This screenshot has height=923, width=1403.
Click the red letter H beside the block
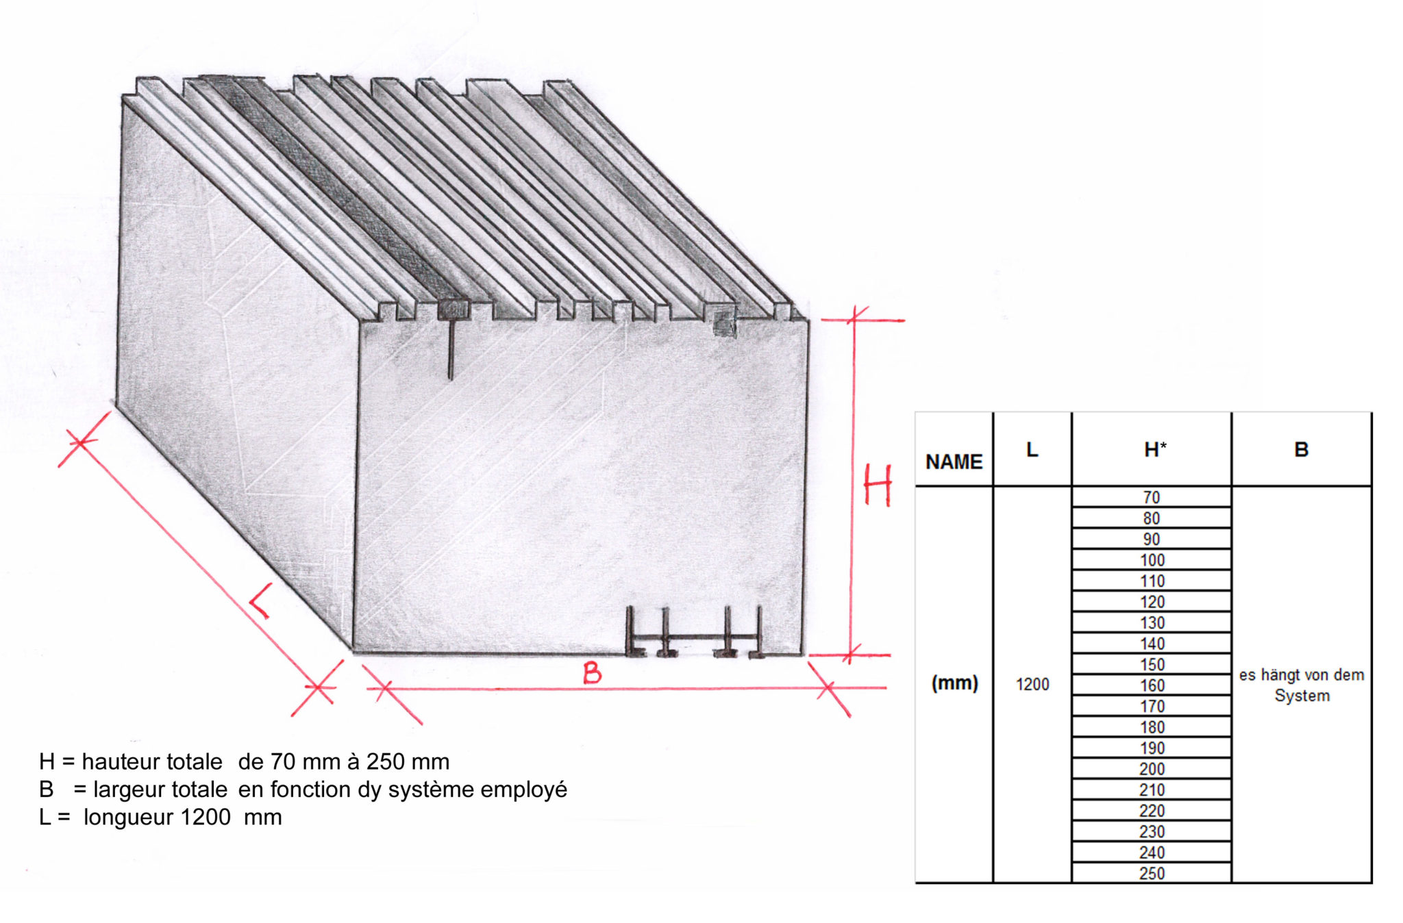point(878,485)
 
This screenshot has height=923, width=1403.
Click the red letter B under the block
point(592,673)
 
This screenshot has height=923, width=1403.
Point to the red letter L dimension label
point(260,601)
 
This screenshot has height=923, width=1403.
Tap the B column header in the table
point(1301,449)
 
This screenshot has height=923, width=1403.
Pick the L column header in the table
point(1032,449)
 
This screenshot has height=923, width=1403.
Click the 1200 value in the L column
point(1032,684)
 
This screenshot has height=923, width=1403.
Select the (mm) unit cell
point(954,683)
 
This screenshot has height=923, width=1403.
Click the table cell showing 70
point(1152,497)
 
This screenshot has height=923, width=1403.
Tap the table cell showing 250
point(1152,873)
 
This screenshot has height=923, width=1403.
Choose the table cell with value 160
point(1152,685)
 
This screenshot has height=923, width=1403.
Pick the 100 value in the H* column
point(1152,560)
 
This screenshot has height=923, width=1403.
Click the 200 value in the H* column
point(1152,768)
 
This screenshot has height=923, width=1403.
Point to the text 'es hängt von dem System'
point(1301,685)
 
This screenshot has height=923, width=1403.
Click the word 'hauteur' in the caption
point(119,761)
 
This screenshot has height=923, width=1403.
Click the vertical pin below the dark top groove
point(450,349)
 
